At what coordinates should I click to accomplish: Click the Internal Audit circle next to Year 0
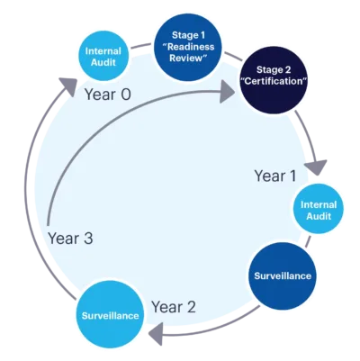click(103, 56)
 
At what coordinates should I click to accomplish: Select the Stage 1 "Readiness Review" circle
click(188, 47)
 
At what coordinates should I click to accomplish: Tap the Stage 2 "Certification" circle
click(274, 80)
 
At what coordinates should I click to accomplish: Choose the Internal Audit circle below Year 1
click(319, 209)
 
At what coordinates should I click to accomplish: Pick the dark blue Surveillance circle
click(283, 276)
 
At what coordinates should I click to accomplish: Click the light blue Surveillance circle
click(110, 315)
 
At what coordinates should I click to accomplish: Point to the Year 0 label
click(108, 95)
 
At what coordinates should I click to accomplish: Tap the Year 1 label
click(275, 176)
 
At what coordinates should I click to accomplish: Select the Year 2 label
click(174, 307)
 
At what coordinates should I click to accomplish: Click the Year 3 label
click(70, 239)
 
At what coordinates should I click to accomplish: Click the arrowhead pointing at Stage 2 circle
click(227, 92)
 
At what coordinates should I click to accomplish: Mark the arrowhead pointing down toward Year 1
click(316, 167)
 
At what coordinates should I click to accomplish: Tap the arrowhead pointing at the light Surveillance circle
click(156, 334)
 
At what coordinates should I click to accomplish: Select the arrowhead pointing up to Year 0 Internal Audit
click(68, 86)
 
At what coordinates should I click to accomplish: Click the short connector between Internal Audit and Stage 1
click(141, 46)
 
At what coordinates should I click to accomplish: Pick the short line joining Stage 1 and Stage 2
click(231, 57)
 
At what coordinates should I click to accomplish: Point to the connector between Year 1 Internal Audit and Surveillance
click(308, 241)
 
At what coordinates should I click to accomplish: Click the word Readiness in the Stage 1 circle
click(191, 47)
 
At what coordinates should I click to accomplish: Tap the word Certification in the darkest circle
click(274, 81)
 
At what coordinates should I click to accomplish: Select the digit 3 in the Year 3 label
click(88, 239)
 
